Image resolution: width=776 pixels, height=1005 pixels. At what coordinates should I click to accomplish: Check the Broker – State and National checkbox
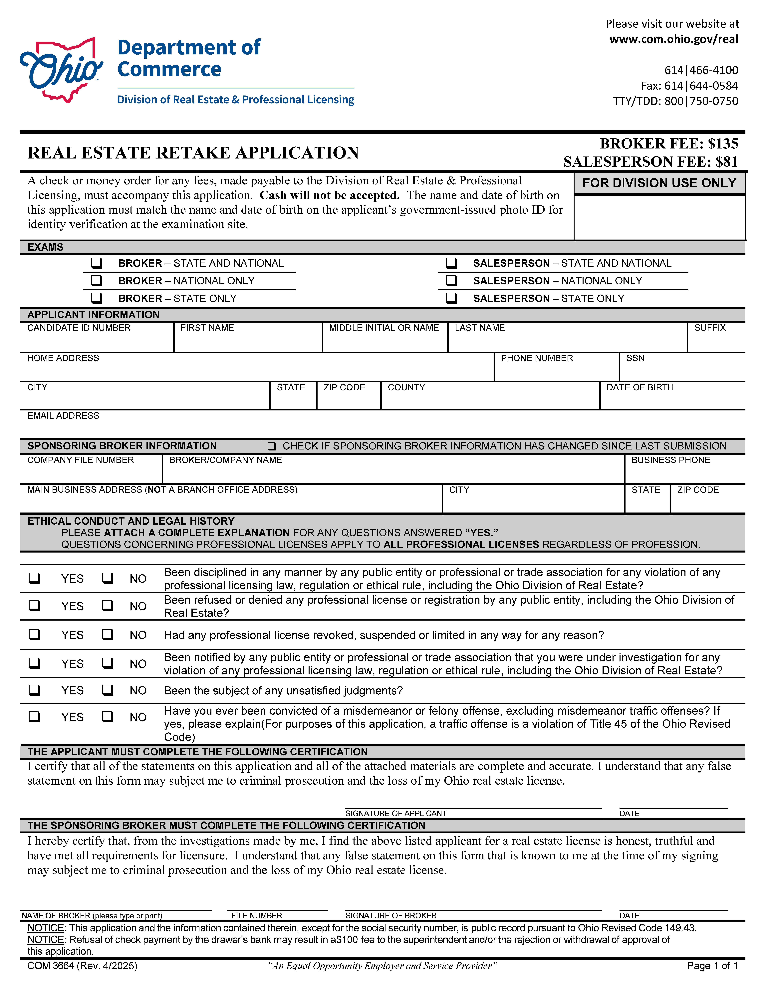[x=97, y=263]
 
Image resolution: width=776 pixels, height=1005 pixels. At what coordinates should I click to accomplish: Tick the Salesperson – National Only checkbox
[x=451, y=281]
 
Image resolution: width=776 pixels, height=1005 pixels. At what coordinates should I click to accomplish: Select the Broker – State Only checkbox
[x=97, y=298]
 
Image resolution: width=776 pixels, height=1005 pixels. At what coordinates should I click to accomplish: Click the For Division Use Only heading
[x=659, y=183]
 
